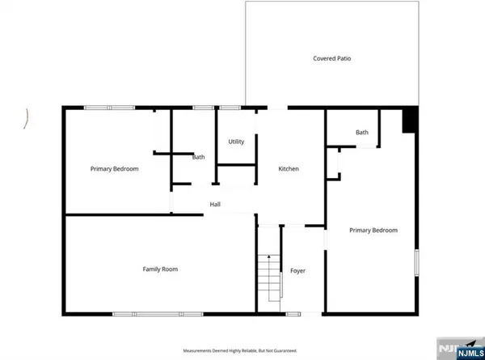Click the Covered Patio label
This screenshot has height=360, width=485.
click(x=332, y=58)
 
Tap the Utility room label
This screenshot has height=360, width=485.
click(x=236, y=142)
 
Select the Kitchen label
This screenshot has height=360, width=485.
click(x=289, y=169)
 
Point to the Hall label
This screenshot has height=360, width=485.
click(x=215, y=205)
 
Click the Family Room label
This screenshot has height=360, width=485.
click(x=160, y=269)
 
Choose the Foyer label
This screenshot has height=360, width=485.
click(x=297, y=270)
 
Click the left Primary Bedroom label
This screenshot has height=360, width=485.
click(x=114, y=169)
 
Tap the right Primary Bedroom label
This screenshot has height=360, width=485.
click(x=373, y=231)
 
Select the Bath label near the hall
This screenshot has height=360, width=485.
click(x=198, y=158)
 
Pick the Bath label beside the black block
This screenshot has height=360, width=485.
click(x=361, y=133)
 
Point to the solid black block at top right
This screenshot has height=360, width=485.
click(x=411, y=121)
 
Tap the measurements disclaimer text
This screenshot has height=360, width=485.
click(x=240, y=350)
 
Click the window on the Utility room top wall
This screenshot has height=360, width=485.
click(x=230, y=108)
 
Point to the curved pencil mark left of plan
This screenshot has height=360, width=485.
click(x=28, y=119)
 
